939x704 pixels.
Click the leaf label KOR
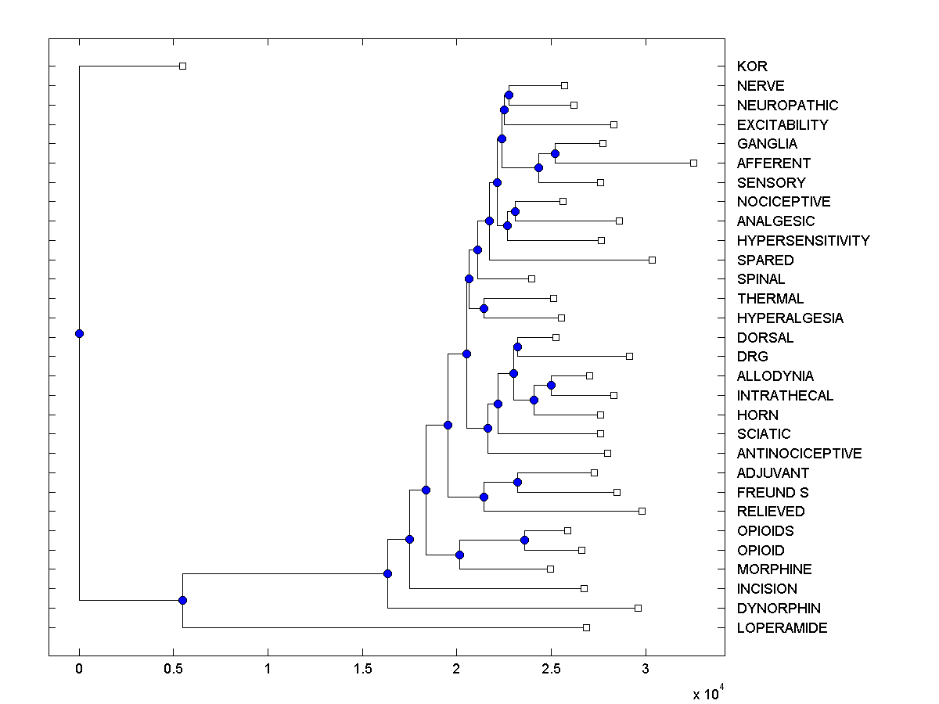[x=752, y=66]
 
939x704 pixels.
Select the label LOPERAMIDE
[x=782, y=628]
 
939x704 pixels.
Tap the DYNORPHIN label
[x=779, y=609]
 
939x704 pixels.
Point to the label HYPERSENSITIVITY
[x=803, y=241]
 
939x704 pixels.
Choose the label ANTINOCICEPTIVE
[x=799, y=454]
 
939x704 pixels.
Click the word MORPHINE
[x=774, y=569]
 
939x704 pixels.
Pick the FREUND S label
[x=772, y=493]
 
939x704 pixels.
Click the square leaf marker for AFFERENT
[x=693, y=163]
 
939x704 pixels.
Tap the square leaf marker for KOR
[x=182, y=66]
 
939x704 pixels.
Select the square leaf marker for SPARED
[x=652, y=260]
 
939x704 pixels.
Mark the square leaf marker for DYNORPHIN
[x=638, y=608]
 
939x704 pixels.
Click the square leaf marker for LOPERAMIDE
[x=586, y=627]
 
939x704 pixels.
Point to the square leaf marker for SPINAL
[x=531, y=278]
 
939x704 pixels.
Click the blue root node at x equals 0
[x=79, y=333]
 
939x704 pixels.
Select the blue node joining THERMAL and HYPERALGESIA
[x=484, y=308]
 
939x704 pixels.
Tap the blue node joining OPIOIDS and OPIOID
[x=524, y=541]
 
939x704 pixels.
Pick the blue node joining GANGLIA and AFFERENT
[x=555, y=153]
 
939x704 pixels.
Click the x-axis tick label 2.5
[x=551, y=669]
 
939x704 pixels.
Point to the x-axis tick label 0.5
[x=173, y=669]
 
